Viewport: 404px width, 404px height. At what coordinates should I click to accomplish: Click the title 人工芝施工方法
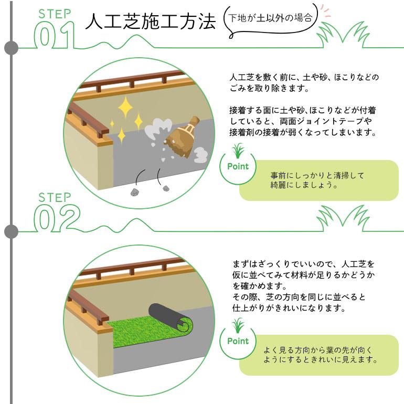(x=150, y=22)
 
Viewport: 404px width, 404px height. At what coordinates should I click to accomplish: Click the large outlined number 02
(x=57, y=218)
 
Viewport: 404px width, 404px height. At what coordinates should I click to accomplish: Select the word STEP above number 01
(x=55, y=14)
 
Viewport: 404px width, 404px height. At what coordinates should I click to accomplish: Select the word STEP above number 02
(x=55, y=198)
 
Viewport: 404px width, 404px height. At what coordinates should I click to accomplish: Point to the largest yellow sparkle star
(x=125, y=107)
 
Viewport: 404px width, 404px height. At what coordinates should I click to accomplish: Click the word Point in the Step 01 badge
(x=238, y=166)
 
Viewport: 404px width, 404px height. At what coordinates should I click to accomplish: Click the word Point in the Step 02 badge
(x=238, y=341)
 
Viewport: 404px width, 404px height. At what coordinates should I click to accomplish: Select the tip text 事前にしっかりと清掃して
(x=317, y=176)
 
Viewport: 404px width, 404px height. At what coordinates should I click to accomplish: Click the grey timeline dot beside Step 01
(x=12, y=48)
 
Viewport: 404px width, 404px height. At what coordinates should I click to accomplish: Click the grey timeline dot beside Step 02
(x=12, y=231)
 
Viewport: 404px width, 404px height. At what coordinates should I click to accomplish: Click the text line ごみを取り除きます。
(x=269, y=88)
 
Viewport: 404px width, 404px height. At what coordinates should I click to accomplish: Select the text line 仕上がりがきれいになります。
(x=289, y=308)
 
